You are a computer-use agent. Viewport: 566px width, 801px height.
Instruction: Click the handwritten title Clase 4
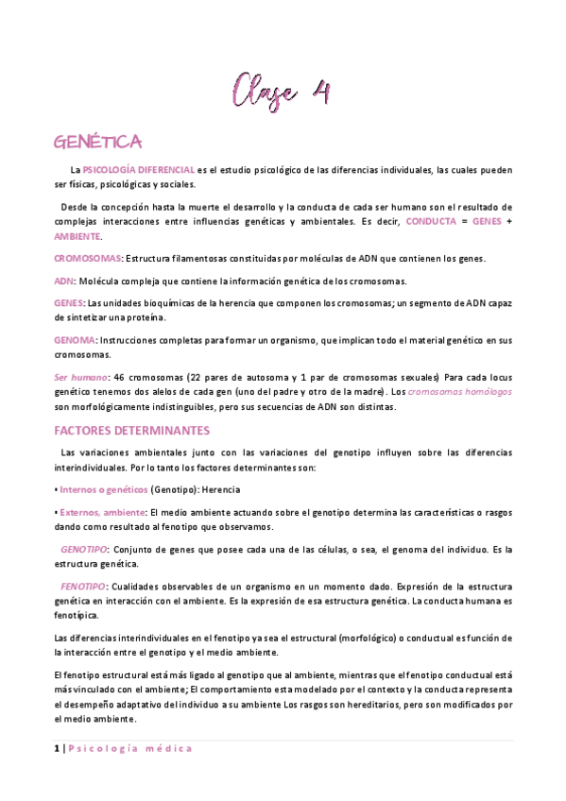pyautogui.click(x=282, y=93)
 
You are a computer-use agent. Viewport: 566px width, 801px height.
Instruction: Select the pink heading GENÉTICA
pyautogui.click(x=98, y=142)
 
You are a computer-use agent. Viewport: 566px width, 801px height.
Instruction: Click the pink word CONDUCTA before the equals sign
pyautogui.click(x=433, y=221)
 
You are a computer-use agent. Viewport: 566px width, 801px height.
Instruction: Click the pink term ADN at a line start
pyautogui.click(x=63, y=281)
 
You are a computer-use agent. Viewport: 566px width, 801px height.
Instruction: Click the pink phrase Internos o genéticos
pyautogui.click(x=103, y=490)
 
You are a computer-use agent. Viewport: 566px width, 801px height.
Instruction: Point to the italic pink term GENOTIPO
pyautogui.click(x=84, y=549)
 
